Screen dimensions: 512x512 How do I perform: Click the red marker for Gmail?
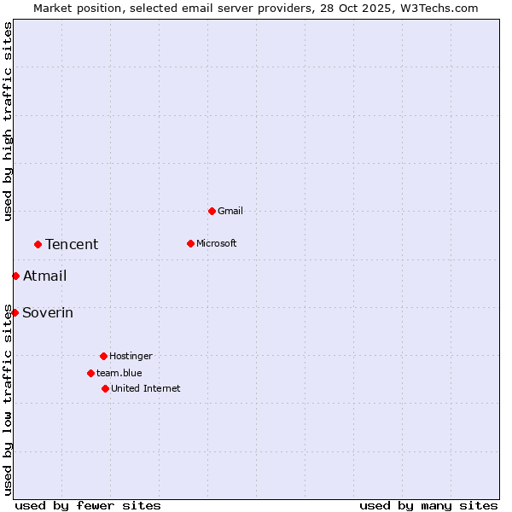[212, 211]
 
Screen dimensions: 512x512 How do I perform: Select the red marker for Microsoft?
[190, 243]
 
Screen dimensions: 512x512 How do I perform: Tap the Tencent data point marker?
[38, 244]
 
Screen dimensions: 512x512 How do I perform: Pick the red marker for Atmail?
[15, 276]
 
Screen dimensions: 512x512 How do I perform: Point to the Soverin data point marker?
[15, 312]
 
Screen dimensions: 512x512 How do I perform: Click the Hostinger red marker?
[103, 356]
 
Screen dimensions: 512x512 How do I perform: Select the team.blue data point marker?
[90, 373]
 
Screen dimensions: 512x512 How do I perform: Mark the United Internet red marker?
[105, 388]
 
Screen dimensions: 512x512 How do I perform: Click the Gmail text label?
[230, 211]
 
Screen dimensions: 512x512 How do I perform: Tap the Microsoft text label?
[216, 243]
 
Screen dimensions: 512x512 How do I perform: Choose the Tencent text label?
[72, 244]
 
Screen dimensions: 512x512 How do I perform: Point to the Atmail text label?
[44, 276]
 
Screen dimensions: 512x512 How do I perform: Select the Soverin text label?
[48, 312]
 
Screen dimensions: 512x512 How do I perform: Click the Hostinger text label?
[131, 356]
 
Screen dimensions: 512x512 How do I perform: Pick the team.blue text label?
[119, 373]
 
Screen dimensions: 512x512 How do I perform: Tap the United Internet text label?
[145, 388]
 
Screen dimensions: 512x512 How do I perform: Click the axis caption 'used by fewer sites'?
[88, 505]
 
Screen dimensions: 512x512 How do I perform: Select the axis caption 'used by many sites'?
[428, 505]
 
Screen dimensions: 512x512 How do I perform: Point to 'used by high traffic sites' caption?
[8, 121]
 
